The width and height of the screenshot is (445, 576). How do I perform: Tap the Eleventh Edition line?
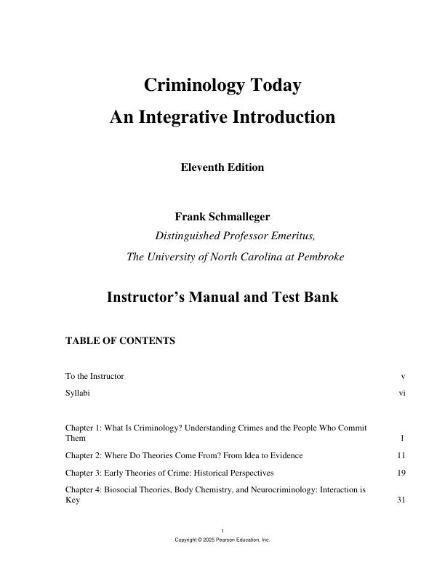pos(222,167)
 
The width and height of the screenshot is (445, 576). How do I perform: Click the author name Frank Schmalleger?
pos(222,217)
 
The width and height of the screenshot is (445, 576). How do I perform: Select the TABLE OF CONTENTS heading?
pos(120,340)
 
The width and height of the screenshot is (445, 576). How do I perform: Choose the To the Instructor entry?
pos(95,376)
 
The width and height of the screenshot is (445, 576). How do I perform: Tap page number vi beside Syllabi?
pos(401,393)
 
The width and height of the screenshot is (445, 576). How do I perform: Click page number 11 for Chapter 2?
pos(401,455)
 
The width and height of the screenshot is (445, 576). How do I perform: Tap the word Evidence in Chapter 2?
pos(285,455)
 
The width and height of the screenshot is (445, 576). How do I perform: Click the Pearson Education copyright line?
pos(222,540)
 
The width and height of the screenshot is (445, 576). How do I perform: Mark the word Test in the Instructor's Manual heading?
pos(275,297)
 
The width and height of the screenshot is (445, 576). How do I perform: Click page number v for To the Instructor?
pos(403,376)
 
